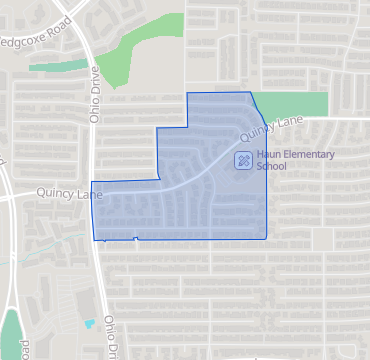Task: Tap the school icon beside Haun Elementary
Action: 243,160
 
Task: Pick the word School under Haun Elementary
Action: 271,167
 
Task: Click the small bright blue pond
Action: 89,325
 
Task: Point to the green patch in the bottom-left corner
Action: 10,335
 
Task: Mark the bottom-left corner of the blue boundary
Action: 94,240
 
